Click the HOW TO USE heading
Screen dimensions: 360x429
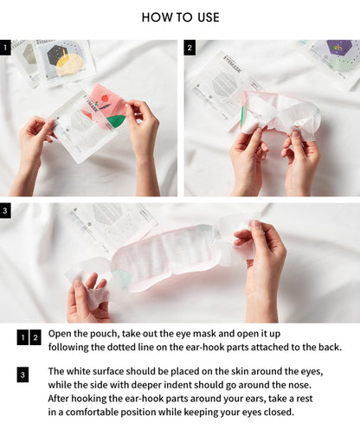coord(180,17)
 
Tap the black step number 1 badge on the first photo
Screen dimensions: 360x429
coord(5,48)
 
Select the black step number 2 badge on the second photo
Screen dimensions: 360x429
coord(190,48)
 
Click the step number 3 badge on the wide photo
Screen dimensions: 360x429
coord(5,211)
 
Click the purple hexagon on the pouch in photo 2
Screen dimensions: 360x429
coord(339,48)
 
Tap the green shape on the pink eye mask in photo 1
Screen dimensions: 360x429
coord(115,121)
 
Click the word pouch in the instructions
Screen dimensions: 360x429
coord(105,334)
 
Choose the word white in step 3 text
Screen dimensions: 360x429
coord(77,371)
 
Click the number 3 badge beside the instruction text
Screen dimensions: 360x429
coord(22,375)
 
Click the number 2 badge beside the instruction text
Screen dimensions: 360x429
coord(35,337)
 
